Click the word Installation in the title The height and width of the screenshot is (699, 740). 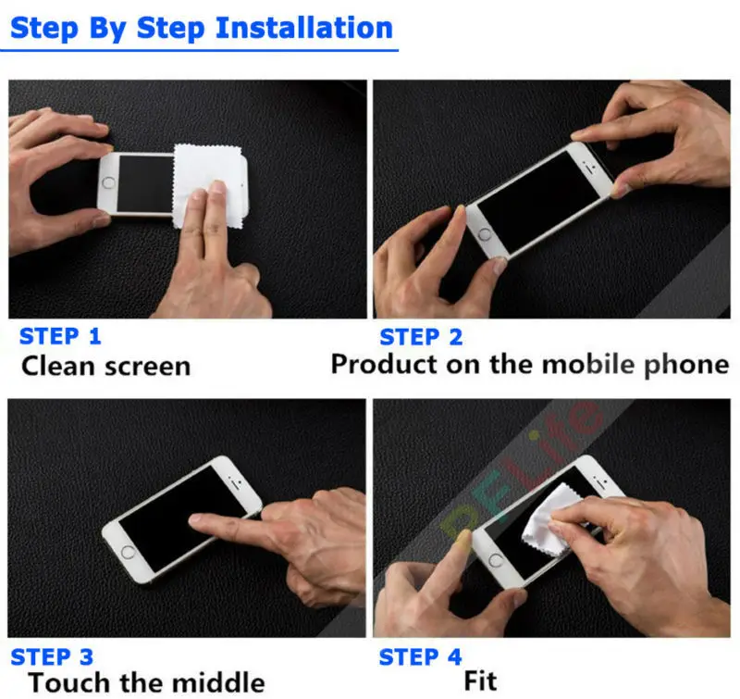(x=304, y=28)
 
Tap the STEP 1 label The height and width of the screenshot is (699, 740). (x=60, y=336)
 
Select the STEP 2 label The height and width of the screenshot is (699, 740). (x=421, y=337)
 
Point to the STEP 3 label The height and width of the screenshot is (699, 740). (x=52, y=657)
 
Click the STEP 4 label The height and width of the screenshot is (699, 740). (x=421, y=657)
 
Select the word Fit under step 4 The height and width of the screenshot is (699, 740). (x=480, y=680)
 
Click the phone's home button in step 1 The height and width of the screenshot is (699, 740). (x=108, y=182)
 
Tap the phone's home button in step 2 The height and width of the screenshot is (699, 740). (x=485, y=234)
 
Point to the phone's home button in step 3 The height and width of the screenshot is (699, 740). (x=128, y=552)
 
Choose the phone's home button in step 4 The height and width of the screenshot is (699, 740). (x=496, y=561)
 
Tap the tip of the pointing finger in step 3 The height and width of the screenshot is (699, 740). (x=191, y=519)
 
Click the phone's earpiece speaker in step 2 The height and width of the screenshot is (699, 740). (x=588, y=168)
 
